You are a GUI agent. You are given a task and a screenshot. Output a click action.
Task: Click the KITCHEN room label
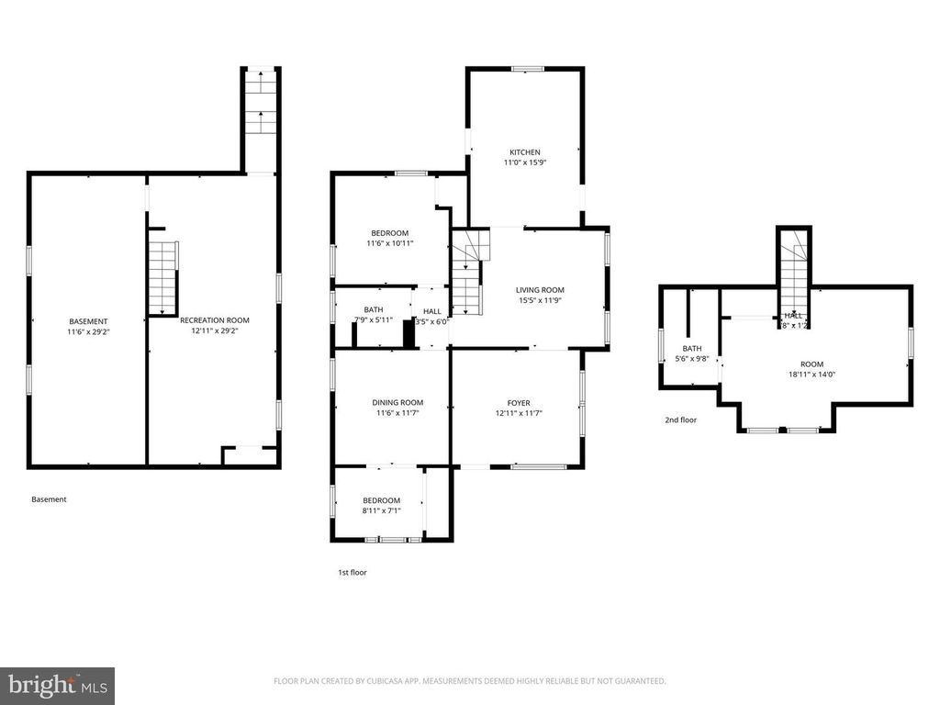pyautogui.click(x=525, y=152)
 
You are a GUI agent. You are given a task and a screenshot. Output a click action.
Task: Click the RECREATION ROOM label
pyautogui.click(x=214, y=320)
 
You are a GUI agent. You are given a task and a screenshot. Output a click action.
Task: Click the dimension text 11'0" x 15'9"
pyautogui.click(x=525, y=163)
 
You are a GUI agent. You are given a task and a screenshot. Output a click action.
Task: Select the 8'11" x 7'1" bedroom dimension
pyautogui.click(x=381, y=511)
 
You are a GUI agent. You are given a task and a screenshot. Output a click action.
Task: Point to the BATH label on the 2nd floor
pyautogui.click(x=691, y=349)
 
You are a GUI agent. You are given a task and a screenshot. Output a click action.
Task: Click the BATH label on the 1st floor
pyautogui.click(x=374, y=310)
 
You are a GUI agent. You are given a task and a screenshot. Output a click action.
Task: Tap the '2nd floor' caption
pyautogui.click(x=680, y=420)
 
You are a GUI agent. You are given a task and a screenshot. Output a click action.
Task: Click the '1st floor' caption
pyautogui.click(x=352, y=573)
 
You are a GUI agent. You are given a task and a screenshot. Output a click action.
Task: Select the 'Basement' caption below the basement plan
pyautogui.click(x=49, y=499)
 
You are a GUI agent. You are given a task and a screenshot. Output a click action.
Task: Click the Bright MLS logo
pyautogui.click(x=57, y=685)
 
